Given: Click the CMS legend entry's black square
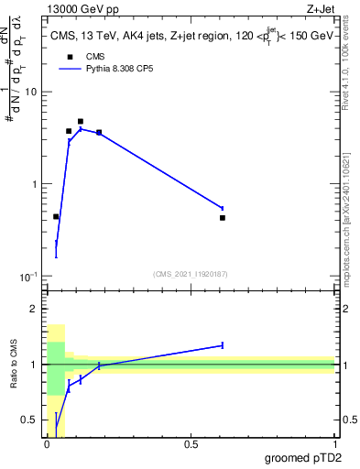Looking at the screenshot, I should (70, 57).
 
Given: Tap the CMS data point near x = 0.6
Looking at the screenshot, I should (223, 218).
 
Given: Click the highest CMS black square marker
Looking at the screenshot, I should (81, 121).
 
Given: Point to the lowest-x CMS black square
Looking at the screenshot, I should (56, 217).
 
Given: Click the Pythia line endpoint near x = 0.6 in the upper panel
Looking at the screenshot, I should (223, 208).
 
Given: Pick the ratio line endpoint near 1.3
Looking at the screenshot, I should (223, 345).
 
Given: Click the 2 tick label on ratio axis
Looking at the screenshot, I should (34, 309).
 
